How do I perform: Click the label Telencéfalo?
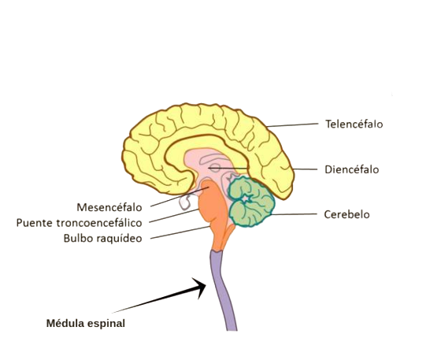pyautogui.click(x=354, y=124)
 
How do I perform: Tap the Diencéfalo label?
pyautogui.click(x=352, y=169)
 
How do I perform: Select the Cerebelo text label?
pyautogui.click(x=347, y=214)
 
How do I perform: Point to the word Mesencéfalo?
pyautogui.click(x=109, y=207)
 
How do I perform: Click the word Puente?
pyautogui.click(x=35, y=223)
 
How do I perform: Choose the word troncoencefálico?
pyautogui.click(x=99, y=223)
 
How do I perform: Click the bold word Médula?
pyautogui.click(x=65, y=323)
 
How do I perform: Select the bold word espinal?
pyautogui.click(x=106, y=324)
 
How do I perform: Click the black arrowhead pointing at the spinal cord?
pyautogui.click(x=200, y=288)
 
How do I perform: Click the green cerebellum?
pyautogui.click(x=251, y=202)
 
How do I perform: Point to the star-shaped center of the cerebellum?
pyautogui.click(x=247, y=199)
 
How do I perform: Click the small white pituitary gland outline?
pyautogui.click(x=186, y=202)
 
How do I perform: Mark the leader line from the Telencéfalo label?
pyautogui.click(x=292, y=125)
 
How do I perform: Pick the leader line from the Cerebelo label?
pyautogui.click(x=294, y=214)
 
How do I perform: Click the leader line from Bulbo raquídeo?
pyautogui.click(x=180, y=232)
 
